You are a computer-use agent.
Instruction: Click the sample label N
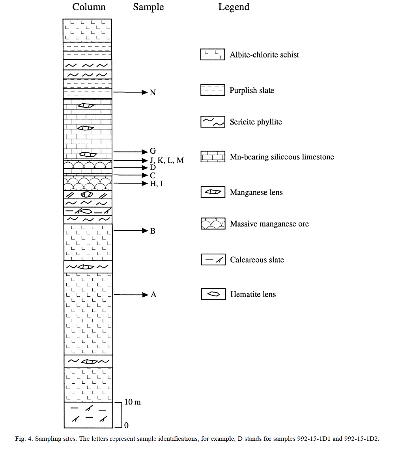click(153, 93)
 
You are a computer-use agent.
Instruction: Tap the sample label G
click(153, 151)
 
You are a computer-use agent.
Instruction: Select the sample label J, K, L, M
click(167, 160)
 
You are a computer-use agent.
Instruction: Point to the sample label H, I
click(157, 184)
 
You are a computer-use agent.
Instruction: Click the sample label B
click(153, 231)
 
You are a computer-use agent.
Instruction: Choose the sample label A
click(153, 294)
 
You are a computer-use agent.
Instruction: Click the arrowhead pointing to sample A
click(145, 295)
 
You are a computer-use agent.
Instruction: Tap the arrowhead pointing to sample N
click(145, 92)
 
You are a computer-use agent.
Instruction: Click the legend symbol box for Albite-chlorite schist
click(213, 54)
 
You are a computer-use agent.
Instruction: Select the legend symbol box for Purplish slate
click(213, 90)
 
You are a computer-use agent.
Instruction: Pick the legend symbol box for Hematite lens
click(213, 294)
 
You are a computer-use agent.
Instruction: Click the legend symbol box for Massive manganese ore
click(213, 224)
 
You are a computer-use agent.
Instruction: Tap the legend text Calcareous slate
click(257, 260)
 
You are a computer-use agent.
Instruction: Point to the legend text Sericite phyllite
click(256, 122)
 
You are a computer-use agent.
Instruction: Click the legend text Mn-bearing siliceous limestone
click(282, 157)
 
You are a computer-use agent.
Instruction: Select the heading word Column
click(89, 7)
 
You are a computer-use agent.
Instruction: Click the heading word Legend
click(234, 7)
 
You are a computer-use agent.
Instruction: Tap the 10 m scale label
click(133, 402)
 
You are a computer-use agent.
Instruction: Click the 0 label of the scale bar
click(126, 425)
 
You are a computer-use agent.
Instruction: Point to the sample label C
click(153, 175)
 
